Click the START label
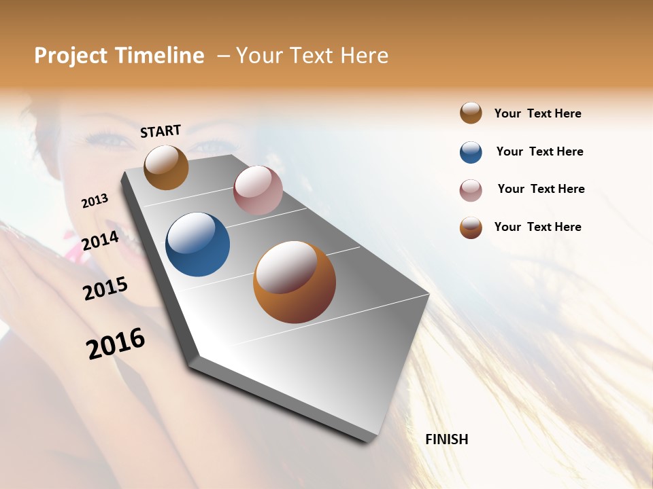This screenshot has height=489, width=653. coord(161,131)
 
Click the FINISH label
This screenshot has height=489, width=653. coord(446,439)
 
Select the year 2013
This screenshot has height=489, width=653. coord(95,201)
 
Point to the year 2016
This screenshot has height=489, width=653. coord(116,344)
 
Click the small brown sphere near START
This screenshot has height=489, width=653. coord(166,167)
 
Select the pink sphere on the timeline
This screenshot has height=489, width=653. coord(258,190)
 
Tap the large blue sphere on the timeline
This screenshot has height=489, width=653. coord(197,244)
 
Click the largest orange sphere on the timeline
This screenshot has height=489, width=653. coord(295,282)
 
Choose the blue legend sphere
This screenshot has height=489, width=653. coord(471,152)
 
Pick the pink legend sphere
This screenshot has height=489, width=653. coord(471,190)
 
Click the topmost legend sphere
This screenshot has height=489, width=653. coord(471,113)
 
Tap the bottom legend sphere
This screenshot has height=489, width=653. coord(471,228)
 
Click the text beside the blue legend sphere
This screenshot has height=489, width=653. coord(539,151)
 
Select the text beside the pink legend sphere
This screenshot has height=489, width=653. coord(541,189)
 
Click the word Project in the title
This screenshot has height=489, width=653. coord(71,56)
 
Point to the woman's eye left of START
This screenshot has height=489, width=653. coord(109,140)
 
